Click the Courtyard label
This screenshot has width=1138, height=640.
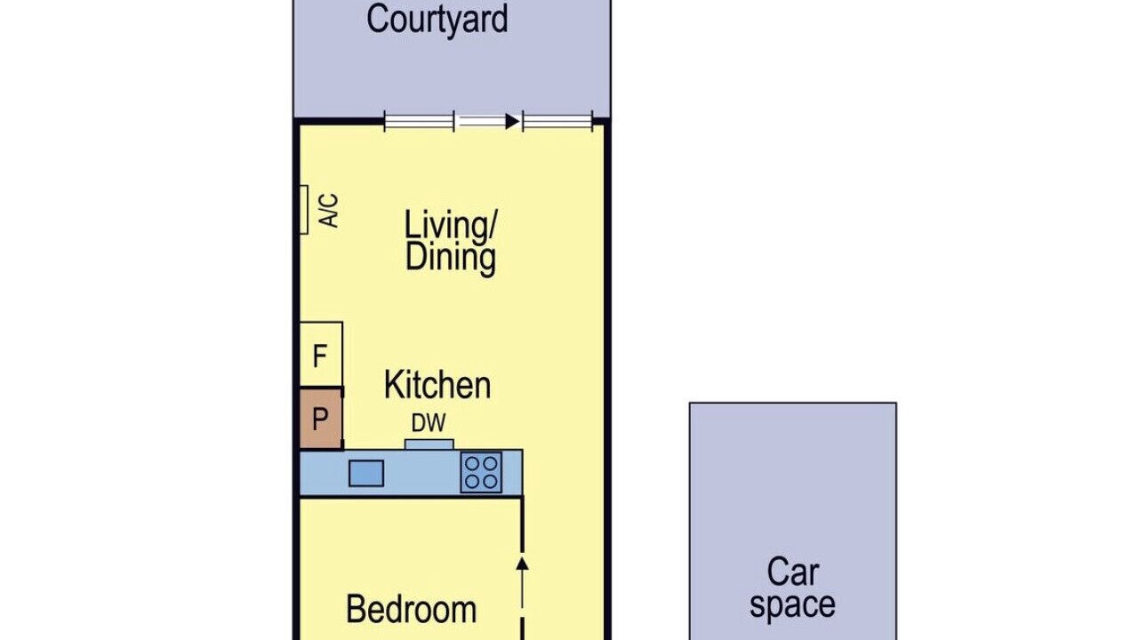[x=437, y=20]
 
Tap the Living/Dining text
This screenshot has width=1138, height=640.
[x=451, y=242]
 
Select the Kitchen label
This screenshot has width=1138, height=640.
[x=437, y=385]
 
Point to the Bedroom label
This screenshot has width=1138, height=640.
[x=411, y=609]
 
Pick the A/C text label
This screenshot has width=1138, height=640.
[x=329, y=211]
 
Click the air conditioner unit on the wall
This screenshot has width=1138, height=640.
[x=304, y=210]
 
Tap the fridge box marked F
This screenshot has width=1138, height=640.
[x=321, y=354]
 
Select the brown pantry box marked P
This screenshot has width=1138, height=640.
[x=321, y=419]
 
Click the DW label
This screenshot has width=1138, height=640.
[x=429, y=423]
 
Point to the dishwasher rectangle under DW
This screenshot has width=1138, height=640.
[x=429, y=445]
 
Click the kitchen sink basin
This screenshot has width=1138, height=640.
[x=365, y=474]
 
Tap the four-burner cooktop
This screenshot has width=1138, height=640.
[x=481, y=472]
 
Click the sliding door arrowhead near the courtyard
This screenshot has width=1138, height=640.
[x=512, y=122]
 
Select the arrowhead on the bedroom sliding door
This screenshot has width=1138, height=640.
[x=522, y=564]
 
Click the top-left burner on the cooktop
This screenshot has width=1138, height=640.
[x=472, y=463]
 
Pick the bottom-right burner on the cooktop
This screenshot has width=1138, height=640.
[x=490, y=482]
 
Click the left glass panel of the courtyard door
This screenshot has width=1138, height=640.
[x=419, y=122]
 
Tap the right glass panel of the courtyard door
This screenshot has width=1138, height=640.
[x=557, y=122]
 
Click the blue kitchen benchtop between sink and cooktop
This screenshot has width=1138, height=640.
[x=421, y=474]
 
